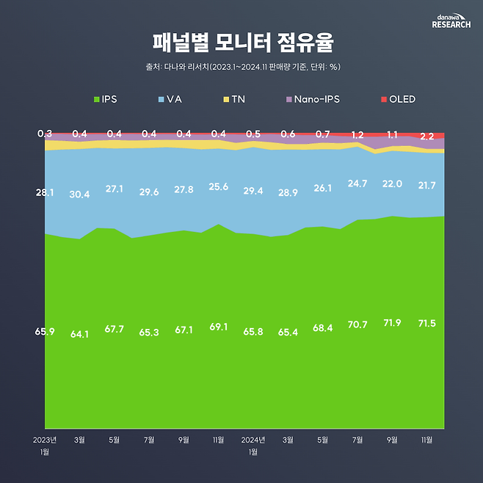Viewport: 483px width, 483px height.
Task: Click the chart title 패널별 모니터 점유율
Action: (242, 42)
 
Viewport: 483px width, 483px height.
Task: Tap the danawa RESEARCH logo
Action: (451, 20)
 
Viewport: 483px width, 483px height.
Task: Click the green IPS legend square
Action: (96, 99)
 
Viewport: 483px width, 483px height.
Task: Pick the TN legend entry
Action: (233, 99)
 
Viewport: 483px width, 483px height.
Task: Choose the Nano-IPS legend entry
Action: (311, 99)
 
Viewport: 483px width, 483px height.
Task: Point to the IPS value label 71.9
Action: (392, 324)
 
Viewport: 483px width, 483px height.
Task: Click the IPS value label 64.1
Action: (79, 334)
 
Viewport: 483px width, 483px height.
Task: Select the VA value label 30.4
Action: (79, 195)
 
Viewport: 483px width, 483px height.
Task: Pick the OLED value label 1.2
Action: (357, 135)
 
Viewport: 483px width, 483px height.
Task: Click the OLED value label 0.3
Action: (44, 134)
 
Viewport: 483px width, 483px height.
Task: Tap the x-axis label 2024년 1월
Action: (253, 446)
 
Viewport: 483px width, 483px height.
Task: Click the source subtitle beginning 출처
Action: (242, 67)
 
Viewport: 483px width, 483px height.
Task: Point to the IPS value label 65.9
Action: (45, 333)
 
